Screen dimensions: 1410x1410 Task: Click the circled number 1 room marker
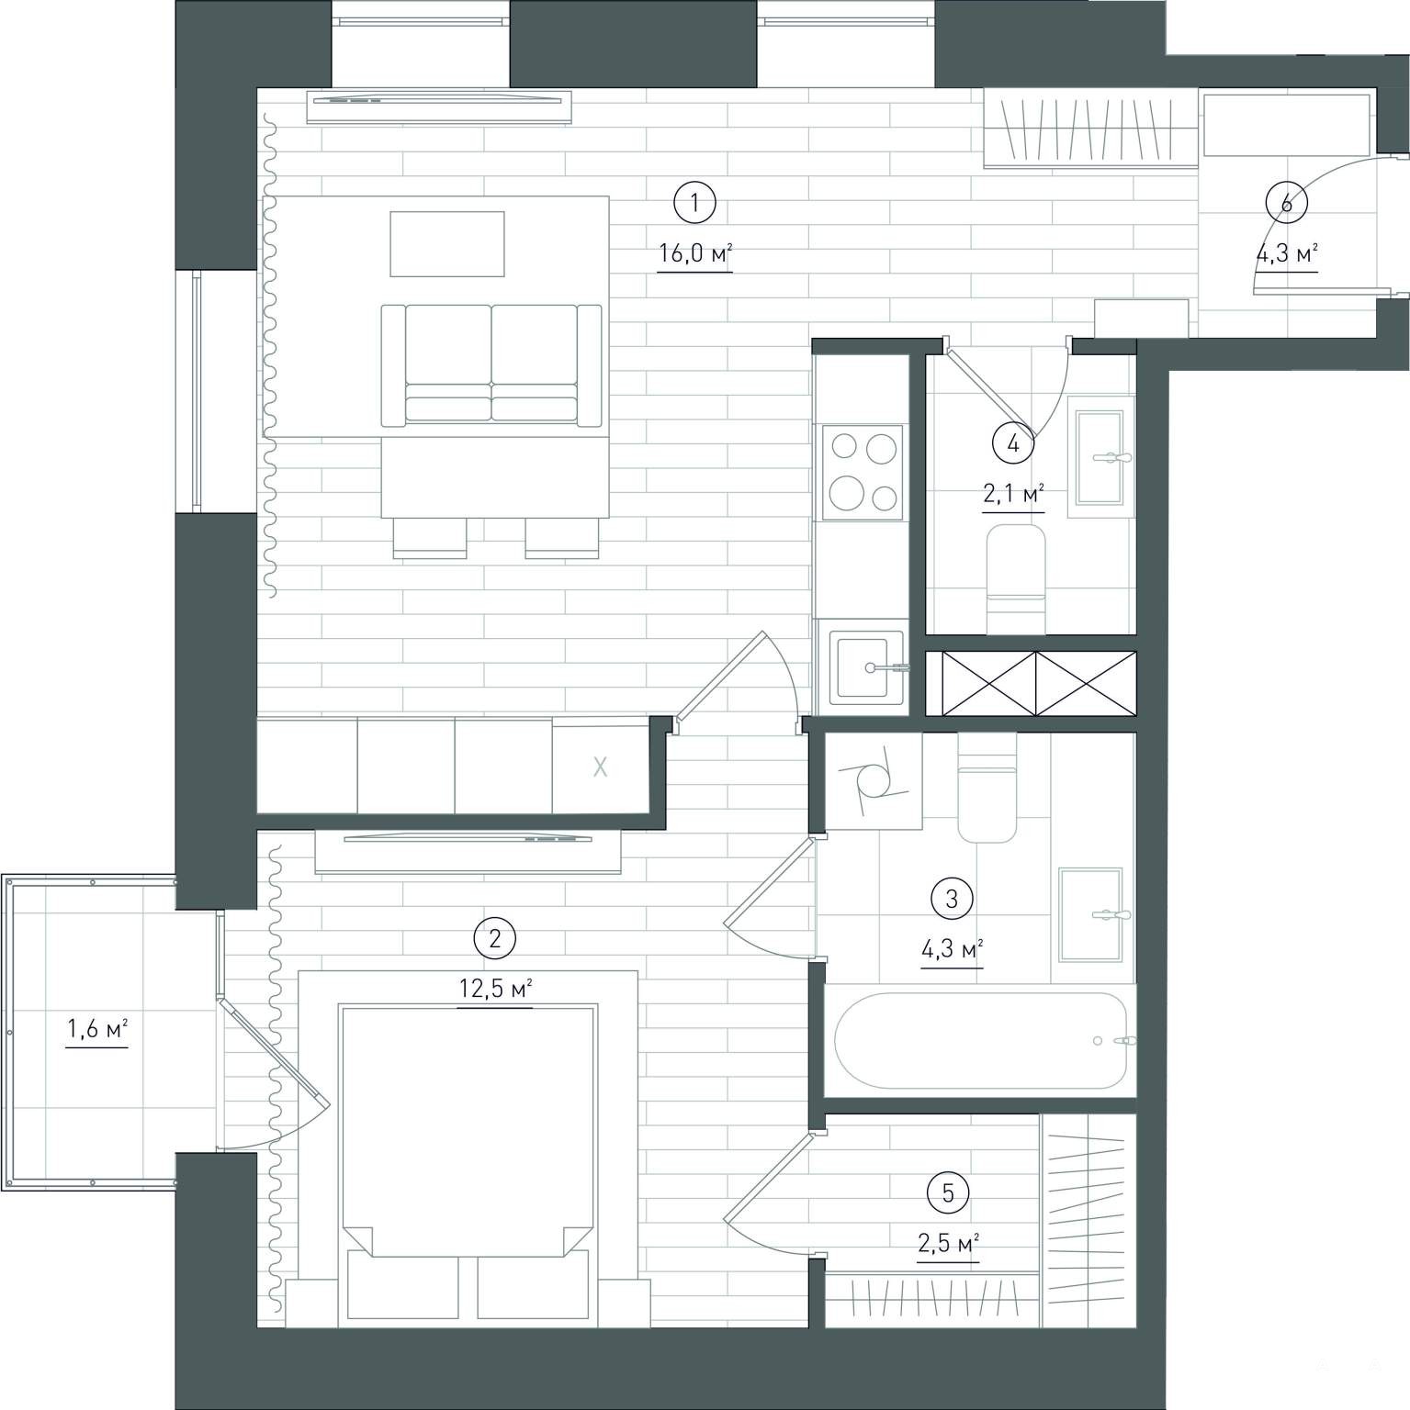point(694,203)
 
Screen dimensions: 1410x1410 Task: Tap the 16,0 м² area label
point(695,253)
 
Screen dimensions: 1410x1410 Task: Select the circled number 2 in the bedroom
point(494,938)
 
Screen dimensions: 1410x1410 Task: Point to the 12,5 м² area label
point(495,990)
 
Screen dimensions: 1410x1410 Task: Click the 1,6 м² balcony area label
point(96,1030)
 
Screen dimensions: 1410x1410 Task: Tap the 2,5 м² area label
point(948,1244)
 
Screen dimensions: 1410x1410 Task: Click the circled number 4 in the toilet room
point(1012,444)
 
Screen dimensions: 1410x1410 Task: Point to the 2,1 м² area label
point(1013,496)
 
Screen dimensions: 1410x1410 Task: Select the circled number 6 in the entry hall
point(1286,203)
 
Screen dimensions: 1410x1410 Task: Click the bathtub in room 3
point(980,1040)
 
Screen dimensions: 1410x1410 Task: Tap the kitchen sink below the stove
point(865,667)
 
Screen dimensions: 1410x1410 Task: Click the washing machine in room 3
point(874,782)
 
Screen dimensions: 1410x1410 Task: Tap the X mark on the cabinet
point(600,767)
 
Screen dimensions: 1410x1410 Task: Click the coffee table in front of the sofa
point(447,243)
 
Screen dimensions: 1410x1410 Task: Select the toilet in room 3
point(987,788)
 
